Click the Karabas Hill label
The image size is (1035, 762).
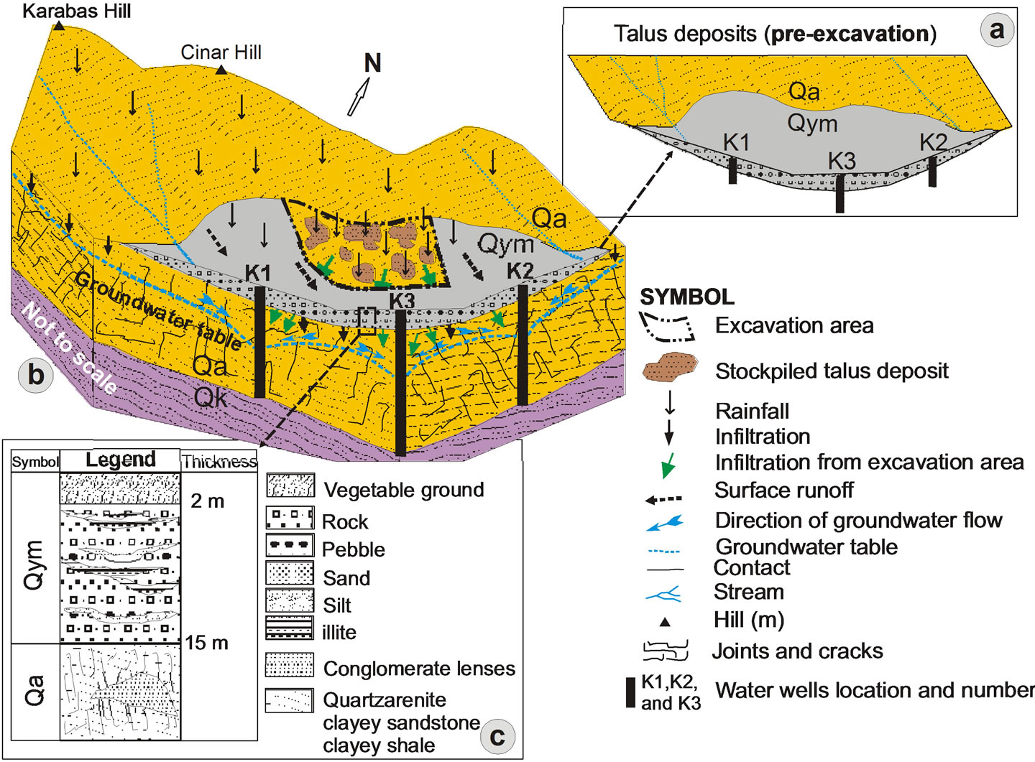[77, 11]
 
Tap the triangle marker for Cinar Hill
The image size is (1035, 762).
[222, 70]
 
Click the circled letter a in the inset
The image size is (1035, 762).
[997, 31]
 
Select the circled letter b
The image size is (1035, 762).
[35, 375]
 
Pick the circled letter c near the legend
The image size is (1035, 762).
[497, 736]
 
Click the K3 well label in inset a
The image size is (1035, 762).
[842, 162]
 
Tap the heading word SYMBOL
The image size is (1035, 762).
[686, 297]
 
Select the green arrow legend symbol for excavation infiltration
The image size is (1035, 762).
[669, 465]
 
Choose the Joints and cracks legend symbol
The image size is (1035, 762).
[666, 651]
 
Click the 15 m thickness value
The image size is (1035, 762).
[206, 643]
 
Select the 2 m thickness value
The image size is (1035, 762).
[207, 501]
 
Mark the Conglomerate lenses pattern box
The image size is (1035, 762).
[290, 665]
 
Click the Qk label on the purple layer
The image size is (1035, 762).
[211, 397]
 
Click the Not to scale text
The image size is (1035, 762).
[70, 348]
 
